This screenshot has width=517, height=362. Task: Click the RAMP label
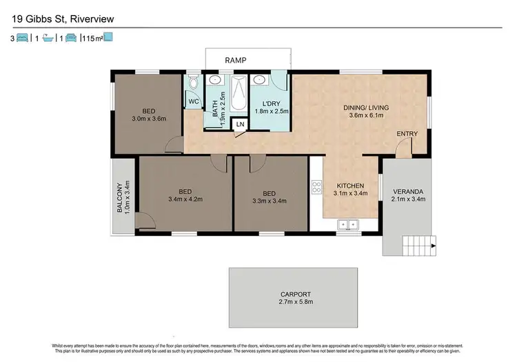coord(236,61)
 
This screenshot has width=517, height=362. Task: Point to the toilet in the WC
coord(194,83)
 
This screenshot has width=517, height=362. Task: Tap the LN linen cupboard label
coord(240,124)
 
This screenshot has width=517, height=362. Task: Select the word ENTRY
coord(405,134)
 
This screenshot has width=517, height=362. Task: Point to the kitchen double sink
coord(347,224)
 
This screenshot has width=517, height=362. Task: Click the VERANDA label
coord(409,191)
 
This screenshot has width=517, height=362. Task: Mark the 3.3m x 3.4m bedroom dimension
coord(270,201)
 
